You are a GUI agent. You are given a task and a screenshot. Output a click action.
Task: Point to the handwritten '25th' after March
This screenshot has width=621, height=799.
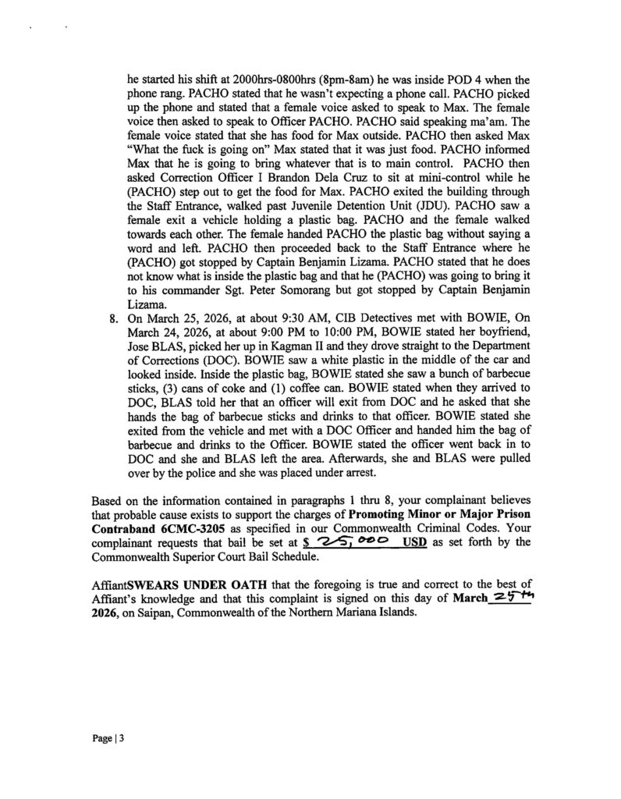point(509,598)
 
